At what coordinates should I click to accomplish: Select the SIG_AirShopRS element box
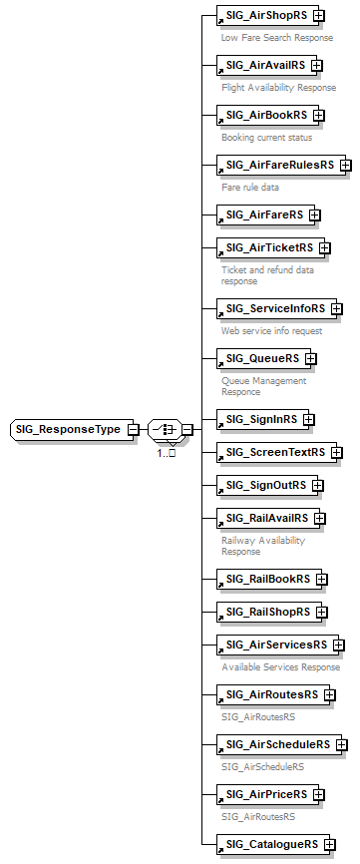point(266,17)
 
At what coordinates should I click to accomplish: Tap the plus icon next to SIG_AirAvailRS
point(317,66)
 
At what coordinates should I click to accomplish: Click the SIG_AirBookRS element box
point(265,115)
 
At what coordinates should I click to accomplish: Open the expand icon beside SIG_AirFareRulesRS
point(345,165)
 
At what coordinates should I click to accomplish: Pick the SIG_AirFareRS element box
point(264,214)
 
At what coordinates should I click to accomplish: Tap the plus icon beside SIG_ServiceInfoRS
point(337,308)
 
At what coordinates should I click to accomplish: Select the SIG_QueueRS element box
point(261,358)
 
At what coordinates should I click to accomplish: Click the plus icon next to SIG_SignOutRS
point(318,485)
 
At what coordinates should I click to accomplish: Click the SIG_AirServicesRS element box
point(276,645)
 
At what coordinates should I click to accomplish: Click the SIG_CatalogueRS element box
point(271,844)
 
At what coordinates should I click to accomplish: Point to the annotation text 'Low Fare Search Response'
point(277,38)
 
